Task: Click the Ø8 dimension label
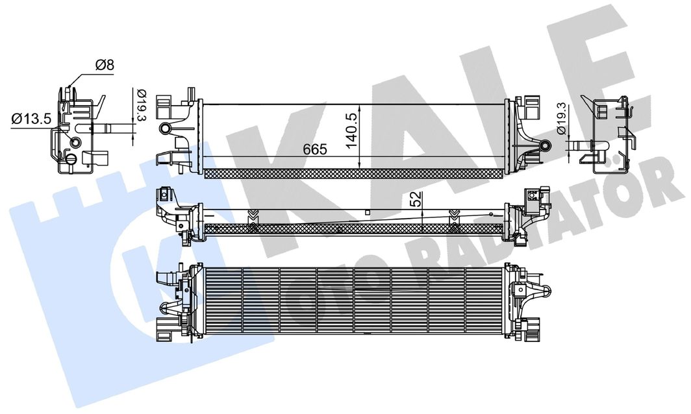coord(105,65)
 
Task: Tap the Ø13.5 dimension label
coord(32,119)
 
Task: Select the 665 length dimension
coord(315,149)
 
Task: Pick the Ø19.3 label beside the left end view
coord(142,105)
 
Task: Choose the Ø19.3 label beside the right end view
coord(561,119)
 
